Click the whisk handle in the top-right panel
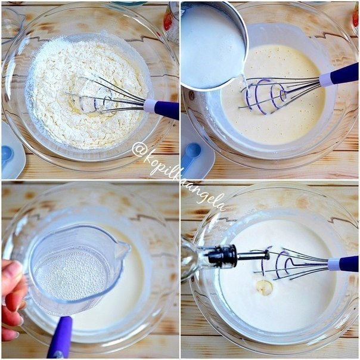point(339,75)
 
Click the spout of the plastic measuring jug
point(124,247)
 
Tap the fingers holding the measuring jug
point(11,299)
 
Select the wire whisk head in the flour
point(105,97)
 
